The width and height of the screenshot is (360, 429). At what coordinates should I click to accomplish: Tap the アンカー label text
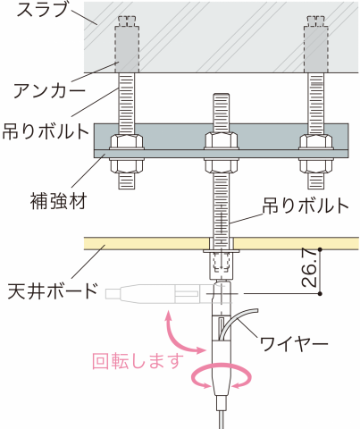coord(49,90)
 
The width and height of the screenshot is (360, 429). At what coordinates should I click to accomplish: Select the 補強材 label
coord(59,201)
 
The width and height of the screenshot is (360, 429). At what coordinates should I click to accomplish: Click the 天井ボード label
coord(53,290)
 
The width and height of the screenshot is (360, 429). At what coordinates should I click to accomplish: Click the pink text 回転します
coord(138,360)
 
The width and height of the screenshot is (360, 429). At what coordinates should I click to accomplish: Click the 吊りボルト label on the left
coord(46,131)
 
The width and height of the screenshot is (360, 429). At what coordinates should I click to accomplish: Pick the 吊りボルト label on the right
coord(306,206)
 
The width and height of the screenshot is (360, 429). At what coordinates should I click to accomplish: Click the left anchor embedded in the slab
coord(126,47)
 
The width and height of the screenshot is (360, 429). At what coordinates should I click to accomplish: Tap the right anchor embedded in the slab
coord(315,47)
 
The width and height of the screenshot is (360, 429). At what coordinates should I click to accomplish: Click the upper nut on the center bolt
coord(221,140)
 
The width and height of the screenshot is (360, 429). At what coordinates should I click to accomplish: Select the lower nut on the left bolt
coord(127,165)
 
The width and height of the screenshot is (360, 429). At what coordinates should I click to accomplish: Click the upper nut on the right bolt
coord(315,141)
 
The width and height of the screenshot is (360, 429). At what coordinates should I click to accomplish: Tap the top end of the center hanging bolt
coord(221,94)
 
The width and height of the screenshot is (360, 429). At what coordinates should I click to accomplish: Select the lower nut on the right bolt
coord(315,165)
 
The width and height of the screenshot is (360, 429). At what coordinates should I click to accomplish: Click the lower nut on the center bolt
coord(221,165)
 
